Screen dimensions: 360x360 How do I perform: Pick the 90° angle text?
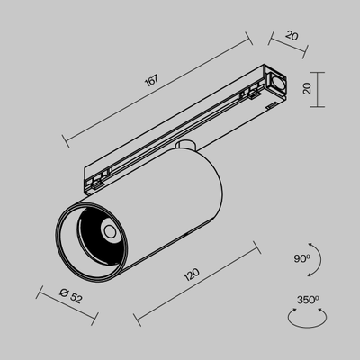coord(301,256)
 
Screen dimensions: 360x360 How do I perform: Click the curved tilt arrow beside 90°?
coord(316,257)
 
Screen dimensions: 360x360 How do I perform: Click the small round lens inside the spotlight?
coord(107,232)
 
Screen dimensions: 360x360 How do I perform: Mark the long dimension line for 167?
coord(156,89)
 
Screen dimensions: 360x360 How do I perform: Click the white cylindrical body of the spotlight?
coord(180,202)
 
